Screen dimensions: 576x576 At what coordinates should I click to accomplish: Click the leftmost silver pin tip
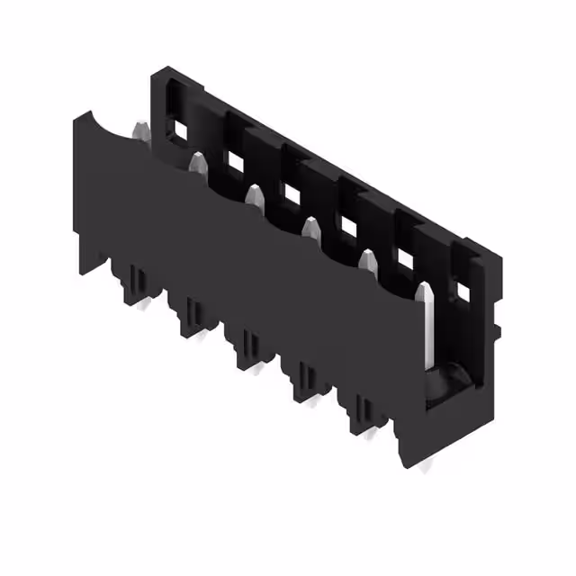141,131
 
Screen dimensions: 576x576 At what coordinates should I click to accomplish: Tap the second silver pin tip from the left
197,163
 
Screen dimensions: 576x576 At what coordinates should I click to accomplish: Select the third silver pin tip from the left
254,195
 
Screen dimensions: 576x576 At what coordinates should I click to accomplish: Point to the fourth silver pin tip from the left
311,226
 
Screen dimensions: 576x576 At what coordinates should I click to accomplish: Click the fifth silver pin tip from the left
367,259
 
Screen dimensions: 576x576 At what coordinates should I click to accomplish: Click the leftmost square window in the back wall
180,130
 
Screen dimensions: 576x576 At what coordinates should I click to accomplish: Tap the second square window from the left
236,162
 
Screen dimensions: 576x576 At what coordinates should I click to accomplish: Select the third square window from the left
292,193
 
